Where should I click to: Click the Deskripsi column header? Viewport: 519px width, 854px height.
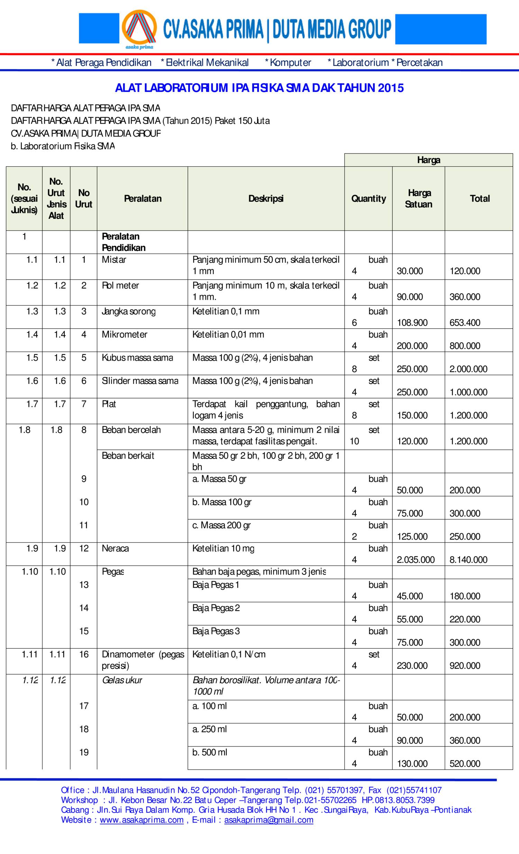pos(266,199)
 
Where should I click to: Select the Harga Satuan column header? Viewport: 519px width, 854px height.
pos(419,199)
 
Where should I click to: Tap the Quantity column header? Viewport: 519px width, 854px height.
pos(368,199)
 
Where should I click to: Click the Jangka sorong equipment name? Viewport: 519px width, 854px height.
pos(129,311)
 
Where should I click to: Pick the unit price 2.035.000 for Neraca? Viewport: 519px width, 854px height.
pos(416,560)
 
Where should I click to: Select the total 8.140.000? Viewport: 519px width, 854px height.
pos(468,560)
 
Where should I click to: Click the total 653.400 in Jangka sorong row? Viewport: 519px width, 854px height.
pos(465,323)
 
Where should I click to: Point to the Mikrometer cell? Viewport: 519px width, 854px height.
pos(125,335)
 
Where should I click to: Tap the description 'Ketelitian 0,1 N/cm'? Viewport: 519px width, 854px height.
pos(229,654)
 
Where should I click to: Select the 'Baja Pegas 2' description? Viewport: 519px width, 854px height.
pos(216,608)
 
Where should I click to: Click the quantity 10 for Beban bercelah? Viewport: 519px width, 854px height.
pos(354,441)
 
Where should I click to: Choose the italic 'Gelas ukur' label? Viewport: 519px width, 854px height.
pos(122,680)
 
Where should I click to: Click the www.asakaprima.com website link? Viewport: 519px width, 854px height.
pos(142,820)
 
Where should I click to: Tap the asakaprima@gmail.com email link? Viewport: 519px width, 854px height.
pos(268,820)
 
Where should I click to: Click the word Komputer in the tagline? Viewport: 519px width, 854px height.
pos(290,63)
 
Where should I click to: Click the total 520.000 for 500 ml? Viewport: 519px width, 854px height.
pos(465,763)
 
